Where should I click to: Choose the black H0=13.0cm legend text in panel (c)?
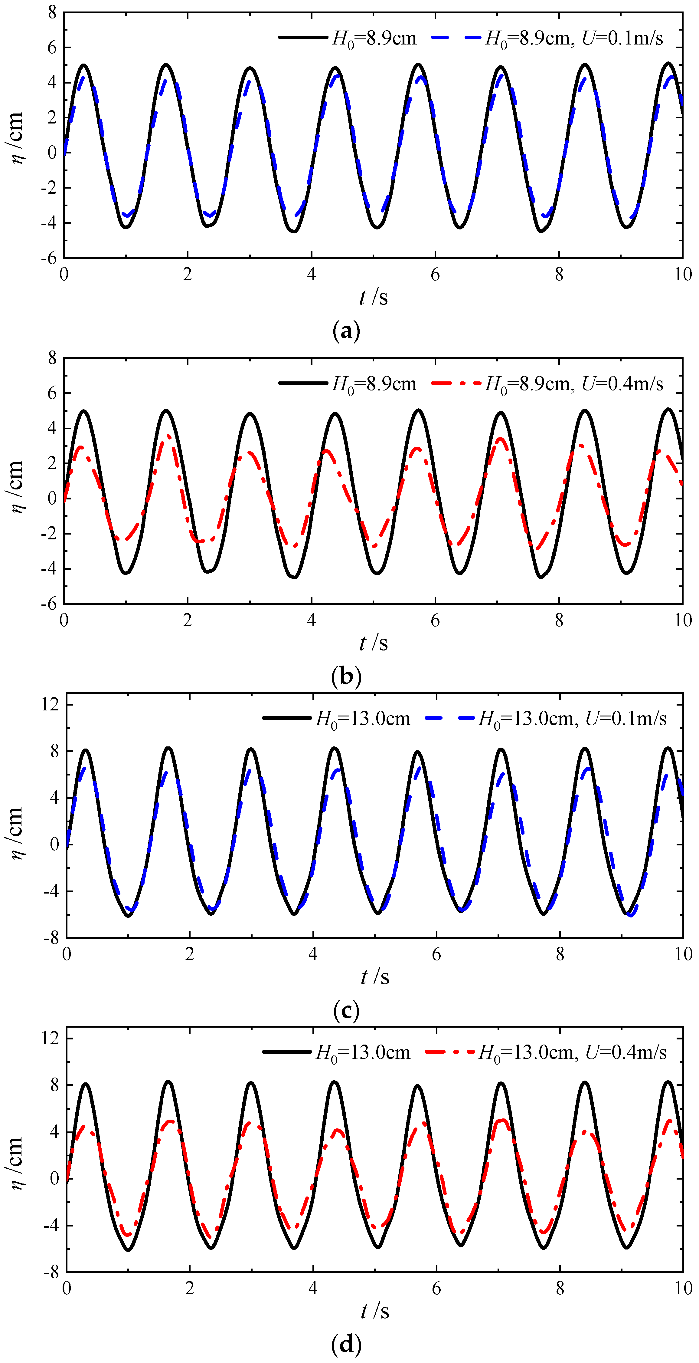[x=363, y=719]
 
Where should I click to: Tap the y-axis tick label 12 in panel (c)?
[x=51, y=704]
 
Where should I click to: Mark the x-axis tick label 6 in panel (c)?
[x=436, y=954]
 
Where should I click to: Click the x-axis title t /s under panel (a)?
[x=373, y=298]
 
